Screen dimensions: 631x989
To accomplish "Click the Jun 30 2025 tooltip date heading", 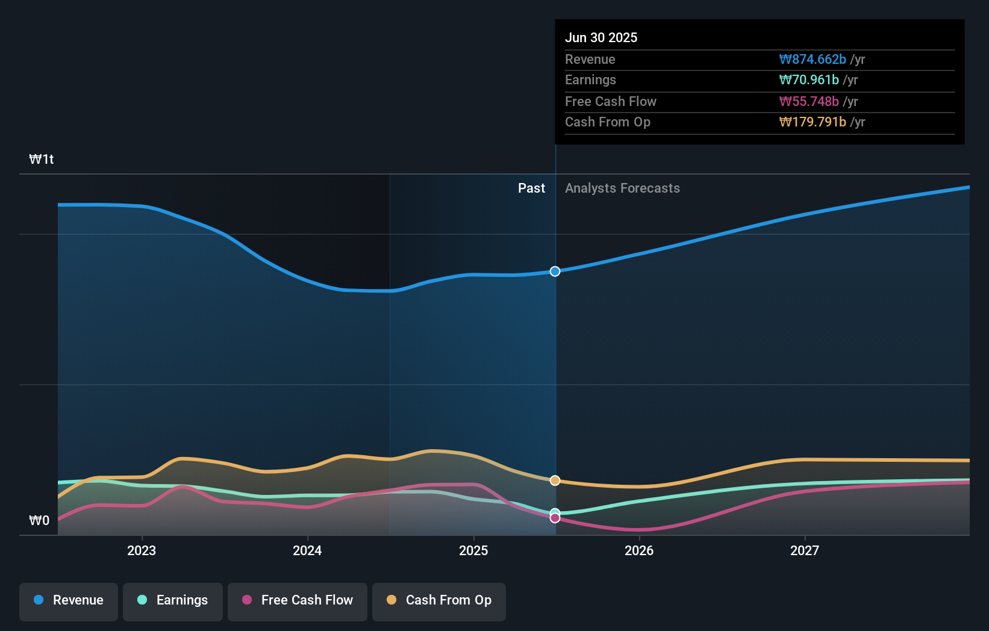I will (601, 37).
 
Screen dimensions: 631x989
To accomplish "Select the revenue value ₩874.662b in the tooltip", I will (812, 59).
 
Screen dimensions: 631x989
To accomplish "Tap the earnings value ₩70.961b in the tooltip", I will (808, 79).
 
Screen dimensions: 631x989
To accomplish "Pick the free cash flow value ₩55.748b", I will (808, 101).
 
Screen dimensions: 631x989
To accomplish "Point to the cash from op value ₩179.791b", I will (812, 122).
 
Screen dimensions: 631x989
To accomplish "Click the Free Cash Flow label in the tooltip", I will (610, 101).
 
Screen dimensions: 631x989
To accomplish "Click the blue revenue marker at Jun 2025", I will (555, 272).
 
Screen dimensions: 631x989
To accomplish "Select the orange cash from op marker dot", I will (555, 480).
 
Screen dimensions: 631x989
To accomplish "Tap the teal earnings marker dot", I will (555, 512).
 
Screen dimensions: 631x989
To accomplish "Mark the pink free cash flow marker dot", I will (555, 518).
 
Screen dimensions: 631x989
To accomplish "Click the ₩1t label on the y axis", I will (41, 159).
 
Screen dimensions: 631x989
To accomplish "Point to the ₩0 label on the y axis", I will (39, 520).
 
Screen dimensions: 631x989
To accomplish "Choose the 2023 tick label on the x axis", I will (142, 550).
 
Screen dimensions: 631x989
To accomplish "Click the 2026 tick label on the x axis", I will (639, 550).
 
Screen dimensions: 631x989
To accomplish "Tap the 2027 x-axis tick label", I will (805, 550).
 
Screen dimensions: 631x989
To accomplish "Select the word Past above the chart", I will (531, 188).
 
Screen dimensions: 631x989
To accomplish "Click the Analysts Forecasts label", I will (622, 188).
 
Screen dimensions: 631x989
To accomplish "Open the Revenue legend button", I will (69, 600).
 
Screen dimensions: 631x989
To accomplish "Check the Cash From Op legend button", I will (439, 600).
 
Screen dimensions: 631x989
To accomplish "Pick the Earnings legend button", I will (173, 600).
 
